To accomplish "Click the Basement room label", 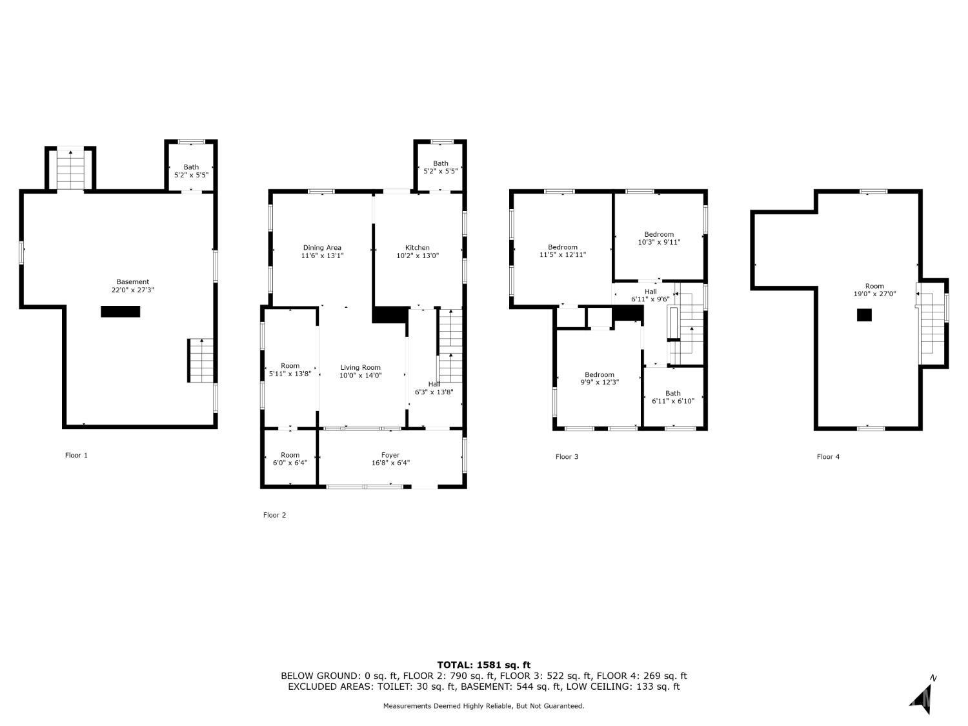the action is (x=133, y=281).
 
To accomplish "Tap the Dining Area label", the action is (x=322, y=248).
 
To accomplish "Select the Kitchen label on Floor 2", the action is (x=417, y=248).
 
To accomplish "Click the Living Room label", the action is (x=360, y=368).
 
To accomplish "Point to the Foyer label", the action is (x=390, y=455).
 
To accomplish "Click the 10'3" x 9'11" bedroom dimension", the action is (x=659, y=242).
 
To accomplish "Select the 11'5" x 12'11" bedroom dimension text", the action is (x=563, y=255).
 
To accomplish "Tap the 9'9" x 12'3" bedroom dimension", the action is (x=600, y=382).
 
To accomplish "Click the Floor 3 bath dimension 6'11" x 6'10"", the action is (x=673, y=401).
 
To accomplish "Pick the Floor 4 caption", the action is (x=828, y=457).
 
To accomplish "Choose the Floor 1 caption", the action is (x=76, y=456).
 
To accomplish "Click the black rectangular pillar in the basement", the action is (x=121, y=312).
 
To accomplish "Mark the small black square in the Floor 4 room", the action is (x=864, y=315).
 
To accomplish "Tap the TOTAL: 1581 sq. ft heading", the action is (x=484, y=665).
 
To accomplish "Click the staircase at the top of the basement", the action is (x=70, y=170).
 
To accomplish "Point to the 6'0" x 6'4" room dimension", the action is (x=290, y=463).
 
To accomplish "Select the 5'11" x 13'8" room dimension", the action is (x=290, y=374).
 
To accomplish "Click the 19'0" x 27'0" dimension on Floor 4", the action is (x=874, y=294).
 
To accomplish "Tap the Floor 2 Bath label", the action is (x=440, y=163).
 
